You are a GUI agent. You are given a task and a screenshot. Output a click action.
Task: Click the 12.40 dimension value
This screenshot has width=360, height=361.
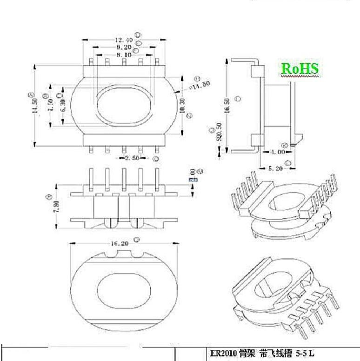(x=124, y=40)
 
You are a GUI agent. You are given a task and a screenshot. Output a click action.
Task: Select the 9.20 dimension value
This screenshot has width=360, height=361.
(x=124, y=47)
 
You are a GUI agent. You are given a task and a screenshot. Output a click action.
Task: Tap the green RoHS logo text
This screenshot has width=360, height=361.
(x=300, y=68)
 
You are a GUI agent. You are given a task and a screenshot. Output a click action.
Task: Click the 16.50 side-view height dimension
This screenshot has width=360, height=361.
(x=227, y=101)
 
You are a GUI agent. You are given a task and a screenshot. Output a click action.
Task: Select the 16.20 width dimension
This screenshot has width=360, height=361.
(x=120, y=243)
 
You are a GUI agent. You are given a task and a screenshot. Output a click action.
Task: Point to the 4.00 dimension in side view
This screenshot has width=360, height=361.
(x=278, y=152)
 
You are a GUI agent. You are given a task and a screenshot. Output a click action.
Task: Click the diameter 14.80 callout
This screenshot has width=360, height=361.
(x=200, y=85)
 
